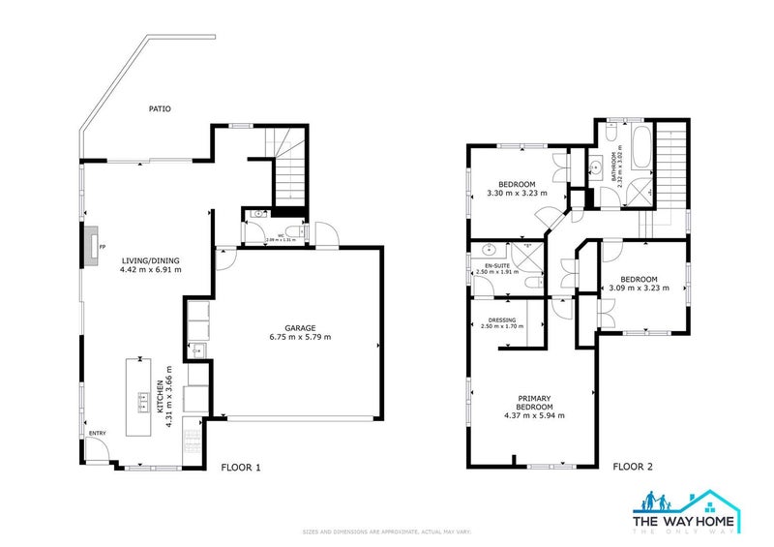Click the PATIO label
(160, 109)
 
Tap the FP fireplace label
(102, 247)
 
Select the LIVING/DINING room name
(151, 260)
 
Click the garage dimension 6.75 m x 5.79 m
(300, 338)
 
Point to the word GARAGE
(300, 328)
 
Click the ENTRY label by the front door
(98, 433)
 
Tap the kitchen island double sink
(142, 395)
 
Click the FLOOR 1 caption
(241, 467)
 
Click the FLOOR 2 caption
(633, 467)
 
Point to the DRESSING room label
(501, 320)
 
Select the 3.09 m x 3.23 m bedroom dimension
(640, 288)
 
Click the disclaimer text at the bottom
(386, 532)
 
